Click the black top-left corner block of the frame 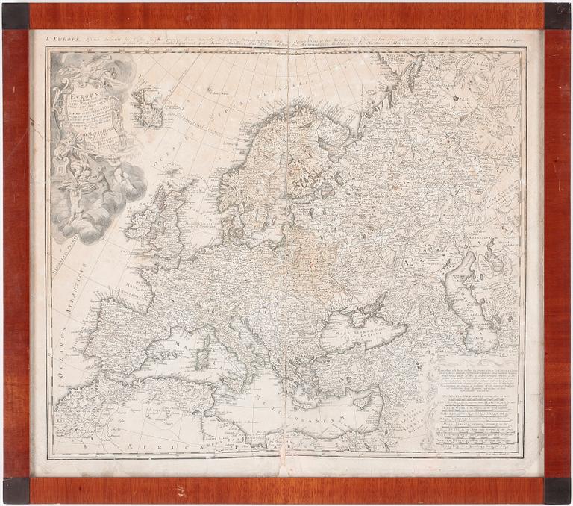16,16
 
